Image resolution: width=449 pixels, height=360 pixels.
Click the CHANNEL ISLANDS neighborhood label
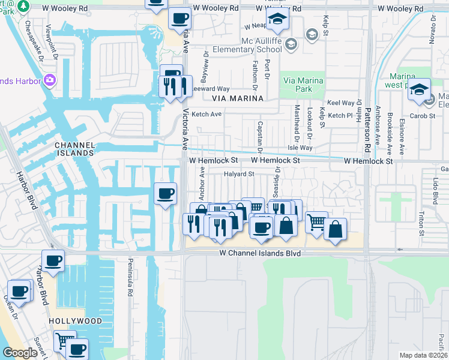point(74,149)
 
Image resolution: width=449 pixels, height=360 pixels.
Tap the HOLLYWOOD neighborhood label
point(76,321)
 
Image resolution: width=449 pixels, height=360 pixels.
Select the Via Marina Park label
point(303,85)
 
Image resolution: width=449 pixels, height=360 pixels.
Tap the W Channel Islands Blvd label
point(260,254)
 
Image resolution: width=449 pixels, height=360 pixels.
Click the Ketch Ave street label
point(207,114)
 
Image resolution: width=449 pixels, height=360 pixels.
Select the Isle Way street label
point(300,148)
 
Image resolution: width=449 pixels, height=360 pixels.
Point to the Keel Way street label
point(340,103)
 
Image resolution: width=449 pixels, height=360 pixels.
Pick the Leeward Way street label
point(211,88)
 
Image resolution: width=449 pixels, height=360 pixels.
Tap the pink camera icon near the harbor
point(50,80)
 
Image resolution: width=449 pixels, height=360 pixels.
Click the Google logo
point(19,353)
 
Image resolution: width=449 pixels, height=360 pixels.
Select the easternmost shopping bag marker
point(335,229)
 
